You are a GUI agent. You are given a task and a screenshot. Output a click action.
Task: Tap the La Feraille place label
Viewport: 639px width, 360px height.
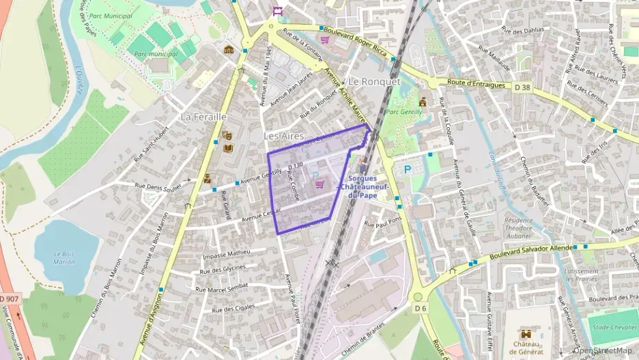[203, 117]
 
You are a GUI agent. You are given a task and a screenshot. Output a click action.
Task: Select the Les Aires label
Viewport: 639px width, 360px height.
[283, 137]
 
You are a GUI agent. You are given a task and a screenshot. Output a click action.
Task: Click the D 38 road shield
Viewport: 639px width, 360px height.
[522, 87]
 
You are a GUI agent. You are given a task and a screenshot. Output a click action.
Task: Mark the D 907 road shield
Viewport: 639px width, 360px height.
[9, 299]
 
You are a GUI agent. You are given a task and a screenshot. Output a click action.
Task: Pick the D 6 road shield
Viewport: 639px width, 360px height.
[420, 308]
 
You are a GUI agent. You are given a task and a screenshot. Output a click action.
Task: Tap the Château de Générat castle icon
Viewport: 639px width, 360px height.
[526, 335]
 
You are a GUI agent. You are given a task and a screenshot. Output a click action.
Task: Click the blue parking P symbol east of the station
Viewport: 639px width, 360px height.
[408, 169]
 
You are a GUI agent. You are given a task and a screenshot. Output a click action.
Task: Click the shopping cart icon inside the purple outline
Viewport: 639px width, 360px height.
[318, 184]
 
